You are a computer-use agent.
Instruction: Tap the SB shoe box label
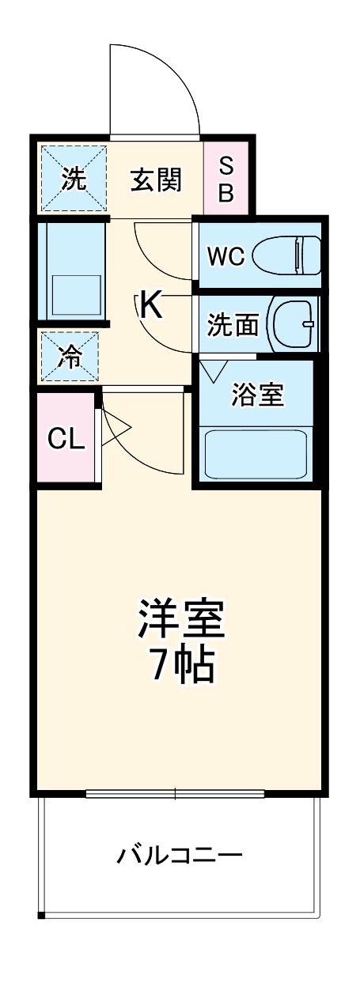coord(226,180)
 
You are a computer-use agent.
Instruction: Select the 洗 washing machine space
coord(73,179)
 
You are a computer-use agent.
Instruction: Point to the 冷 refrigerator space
coord(70,357)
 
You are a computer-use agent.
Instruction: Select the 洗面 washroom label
coord(233,325)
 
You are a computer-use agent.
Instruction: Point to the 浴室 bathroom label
coord(257,395)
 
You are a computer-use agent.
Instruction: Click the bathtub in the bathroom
coord(256,454)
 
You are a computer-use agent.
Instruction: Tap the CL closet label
coord(66,439)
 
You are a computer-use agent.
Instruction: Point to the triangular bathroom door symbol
coord(213,370)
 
